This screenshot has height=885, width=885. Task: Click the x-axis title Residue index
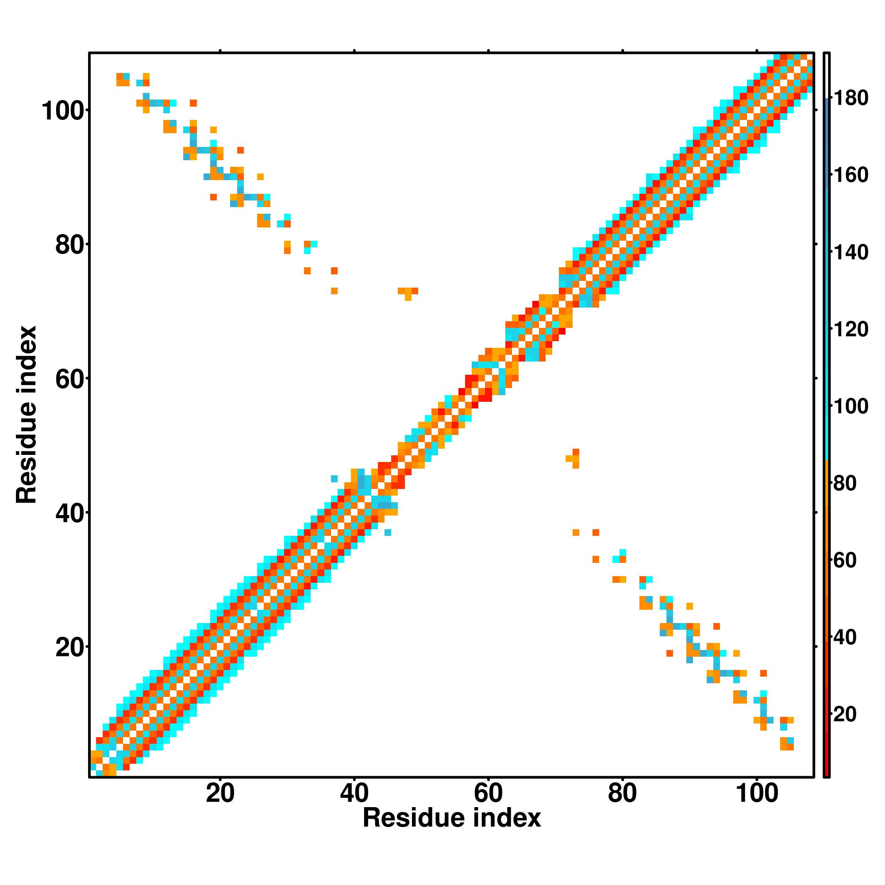tap(452, 818)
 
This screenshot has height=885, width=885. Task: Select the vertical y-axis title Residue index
tap(27, 415)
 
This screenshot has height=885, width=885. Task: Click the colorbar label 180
tap(850, 98)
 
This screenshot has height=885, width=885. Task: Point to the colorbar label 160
tap(850, 175)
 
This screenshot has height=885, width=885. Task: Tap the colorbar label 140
tap(850, 252)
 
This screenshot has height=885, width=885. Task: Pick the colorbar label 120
tap(850, 329)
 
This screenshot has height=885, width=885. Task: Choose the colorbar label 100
tap(850, 406)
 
